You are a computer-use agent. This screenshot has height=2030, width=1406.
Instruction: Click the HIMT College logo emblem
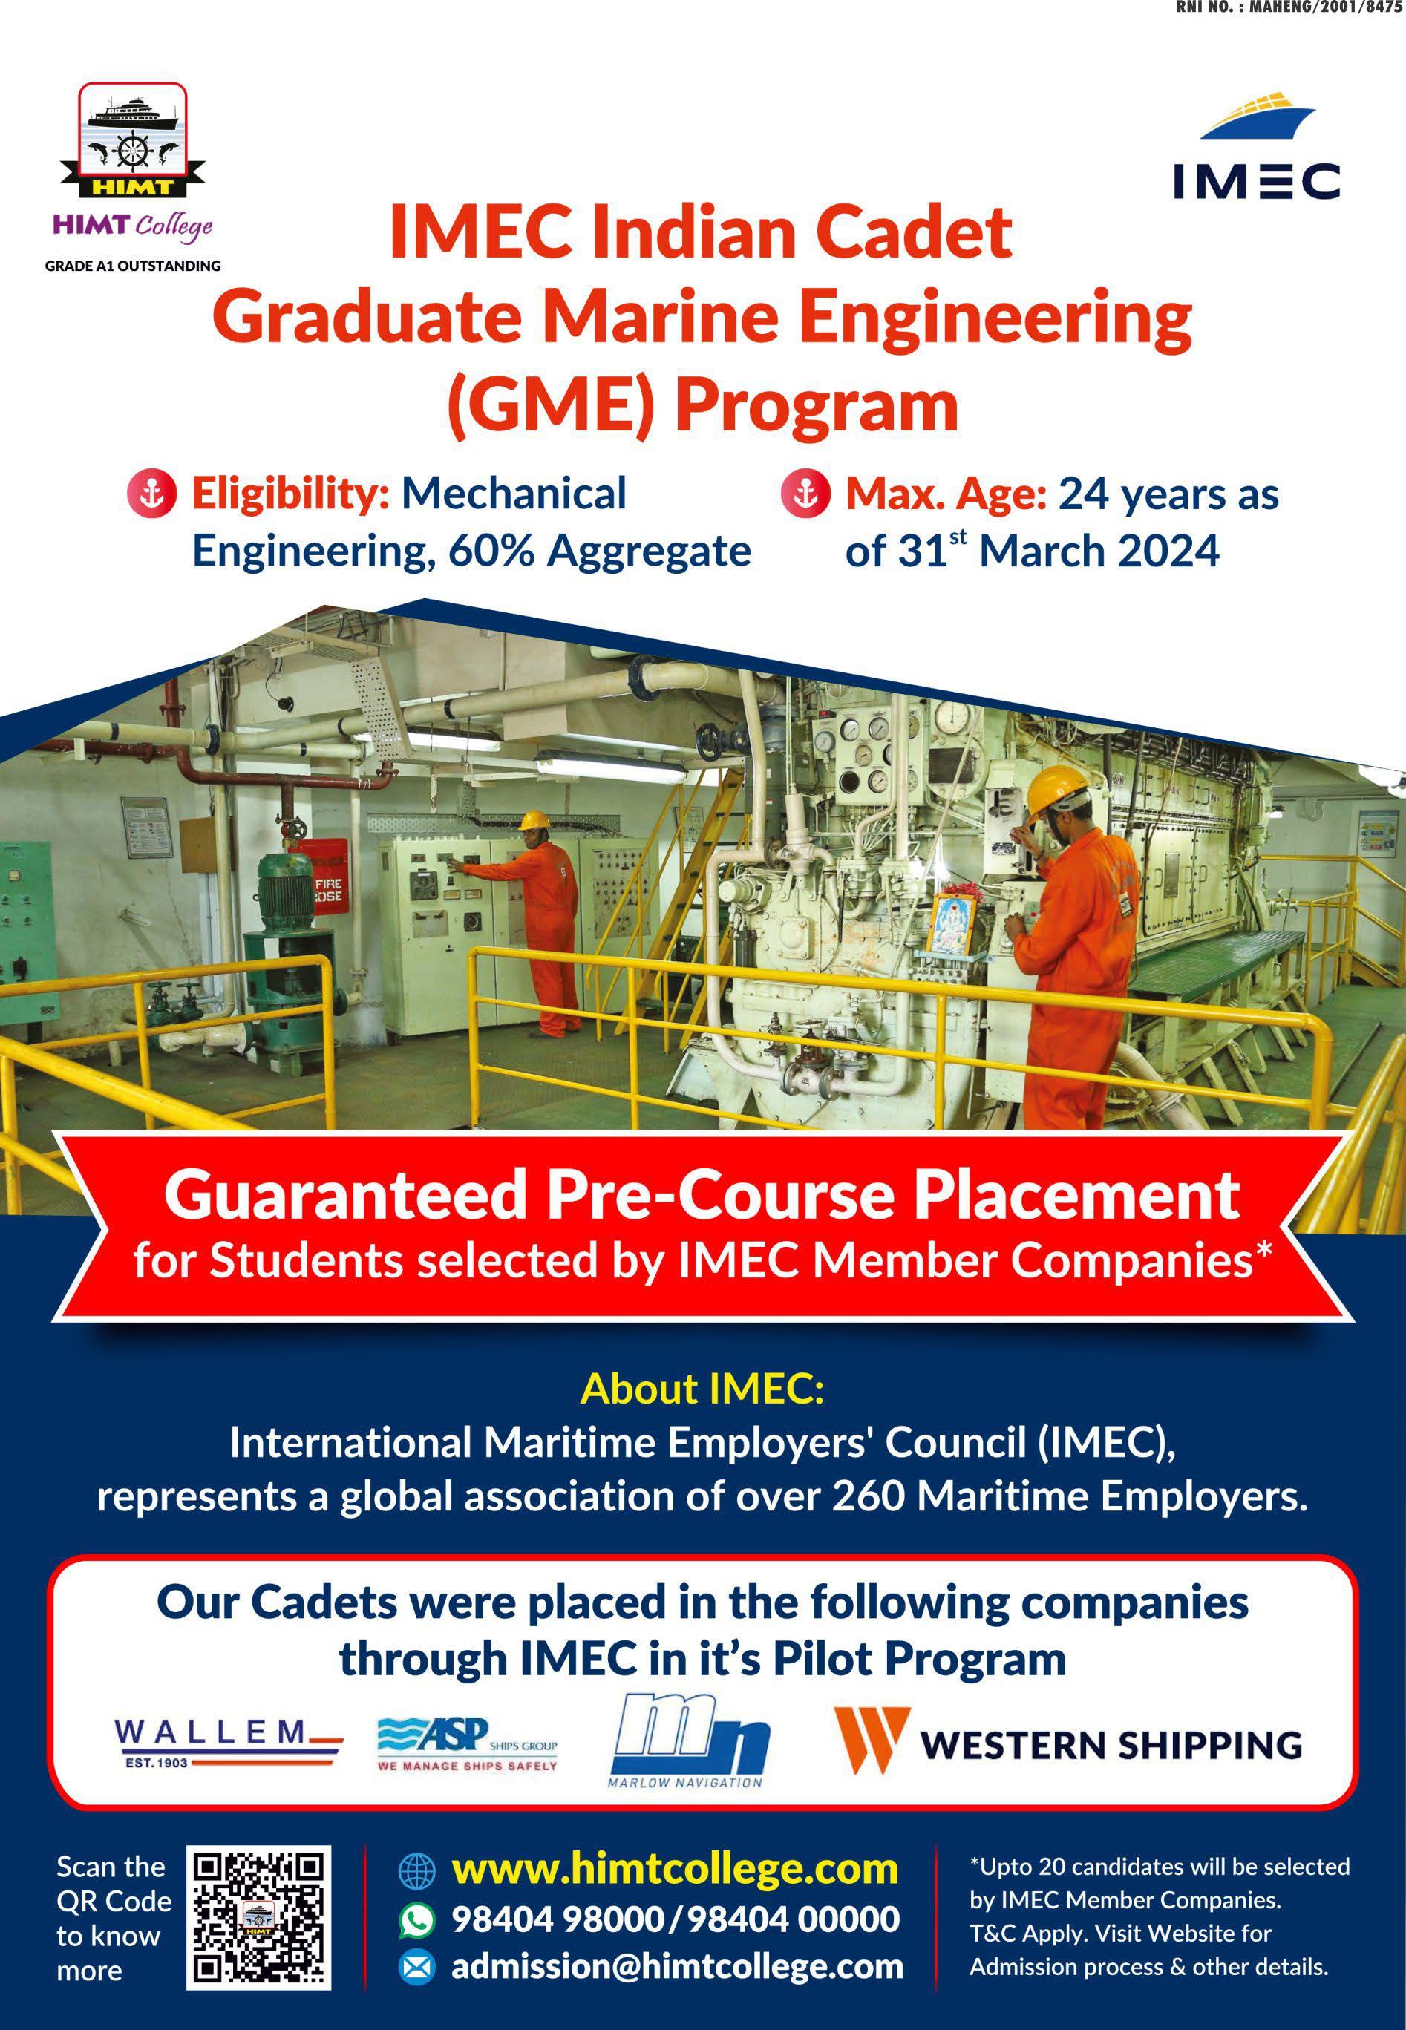tap(133, 141)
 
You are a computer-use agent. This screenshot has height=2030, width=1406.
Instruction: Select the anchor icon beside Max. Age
tap(806, 494)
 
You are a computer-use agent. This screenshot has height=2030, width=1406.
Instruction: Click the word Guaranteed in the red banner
tap(344, 1195)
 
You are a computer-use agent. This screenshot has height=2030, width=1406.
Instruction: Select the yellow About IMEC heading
tap(702, 1389)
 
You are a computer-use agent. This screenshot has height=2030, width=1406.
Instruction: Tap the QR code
tap(259, 1917)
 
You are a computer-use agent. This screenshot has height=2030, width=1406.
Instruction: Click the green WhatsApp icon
tap(416, 1920)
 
